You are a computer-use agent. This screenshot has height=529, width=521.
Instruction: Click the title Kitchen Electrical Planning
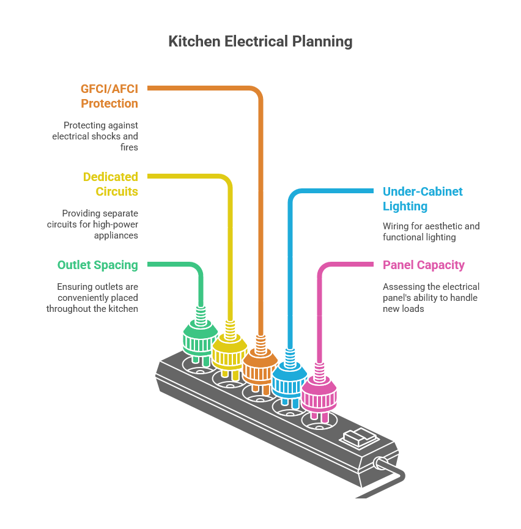click(260, 42)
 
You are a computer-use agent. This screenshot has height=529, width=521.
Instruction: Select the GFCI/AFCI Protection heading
click(109, 96)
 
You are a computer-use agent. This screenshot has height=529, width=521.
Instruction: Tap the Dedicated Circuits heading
click(111, 184)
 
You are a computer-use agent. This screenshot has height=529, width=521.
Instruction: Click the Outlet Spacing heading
click(98, 265)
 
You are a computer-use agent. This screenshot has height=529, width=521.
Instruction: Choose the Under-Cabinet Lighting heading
click(422, 199)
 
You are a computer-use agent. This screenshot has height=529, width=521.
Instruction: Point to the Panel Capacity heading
click(423, 265)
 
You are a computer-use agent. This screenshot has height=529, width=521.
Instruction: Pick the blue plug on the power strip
click(289, 382)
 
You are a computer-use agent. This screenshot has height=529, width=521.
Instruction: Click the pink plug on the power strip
click(319, 395)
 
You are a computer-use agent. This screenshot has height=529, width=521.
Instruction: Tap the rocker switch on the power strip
click(359, 438)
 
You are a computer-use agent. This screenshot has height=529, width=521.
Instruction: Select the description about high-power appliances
click(93, 224)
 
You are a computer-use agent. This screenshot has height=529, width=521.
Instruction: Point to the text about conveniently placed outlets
click(93, 298)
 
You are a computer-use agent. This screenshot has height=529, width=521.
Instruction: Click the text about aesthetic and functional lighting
click(430, 232)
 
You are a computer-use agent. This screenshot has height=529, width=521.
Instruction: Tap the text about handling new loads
click(430, 298)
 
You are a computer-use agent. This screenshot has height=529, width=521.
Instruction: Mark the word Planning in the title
click(322, 42)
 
